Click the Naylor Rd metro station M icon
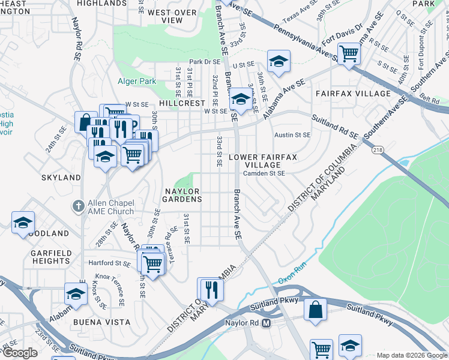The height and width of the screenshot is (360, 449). (267, 323)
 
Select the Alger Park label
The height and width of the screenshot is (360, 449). (139, 81)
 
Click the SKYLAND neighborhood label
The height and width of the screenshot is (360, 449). (61, 178)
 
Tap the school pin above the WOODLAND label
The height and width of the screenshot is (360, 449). (23, 222)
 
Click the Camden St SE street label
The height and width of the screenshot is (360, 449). (264, 173)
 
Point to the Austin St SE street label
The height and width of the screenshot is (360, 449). (292, 136)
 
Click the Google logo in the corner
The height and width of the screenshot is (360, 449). (20, 353)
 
